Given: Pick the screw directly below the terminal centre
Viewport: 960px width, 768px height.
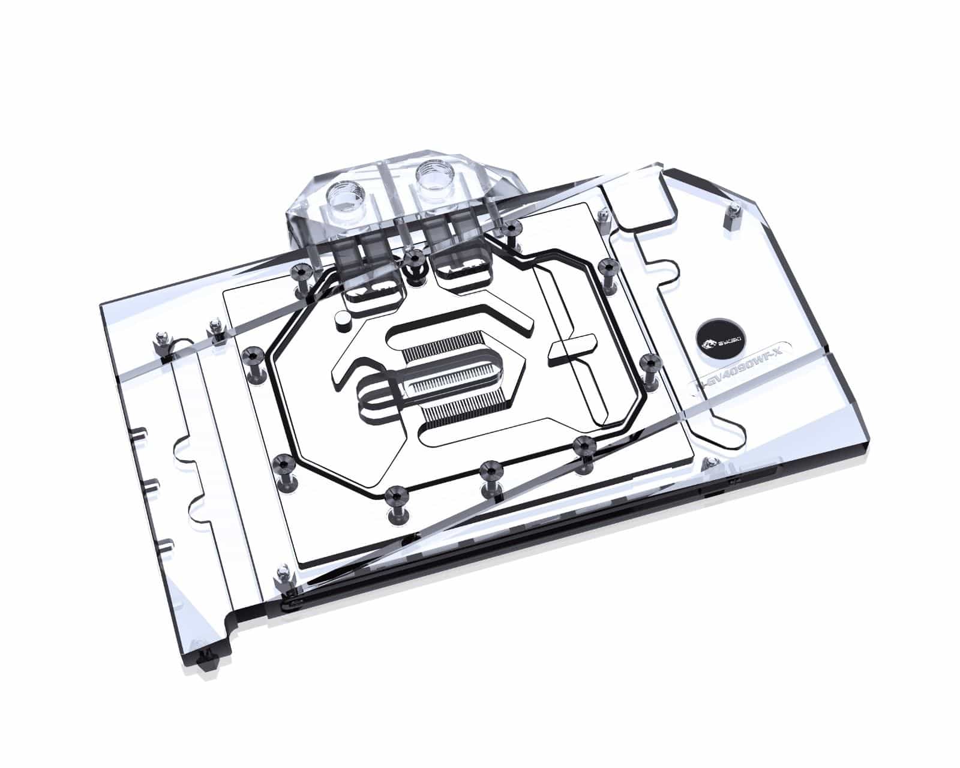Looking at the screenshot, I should point(413,259).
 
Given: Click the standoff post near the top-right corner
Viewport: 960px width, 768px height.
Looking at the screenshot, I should point(733,211).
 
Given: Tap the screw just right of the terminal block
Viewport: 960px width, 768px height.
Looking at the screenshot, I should point(511,230).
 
